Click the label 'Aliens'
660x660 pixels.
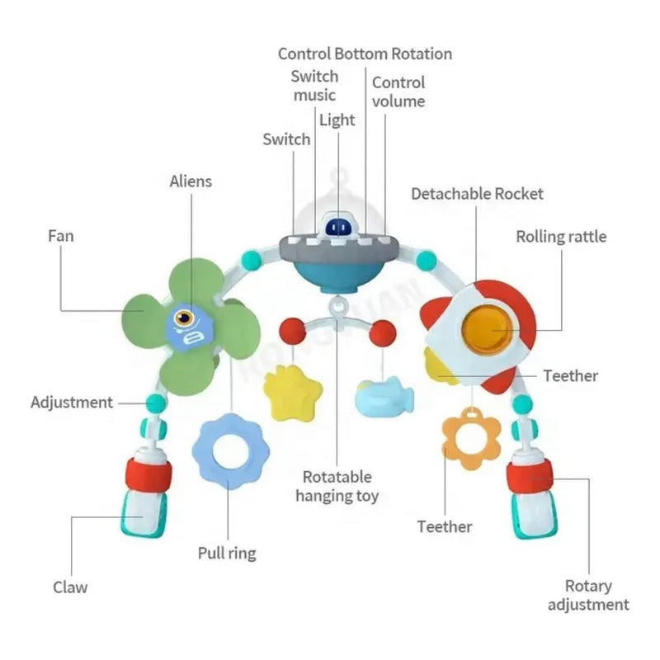pos(191,181)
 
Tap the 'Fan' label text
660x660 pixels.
pos(60,236)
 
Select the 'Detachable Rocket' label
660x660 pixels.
pos(478,194)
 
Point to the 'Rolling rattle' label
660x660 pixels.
pos(561,237)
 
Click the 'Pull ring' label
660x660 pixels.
pos(227,553)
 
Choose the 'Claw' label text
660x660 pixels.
pos(70,587)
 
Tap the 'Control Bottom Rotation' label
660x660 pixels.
pos(365,54)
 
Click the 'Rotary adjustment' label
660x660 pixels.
pos(588,596)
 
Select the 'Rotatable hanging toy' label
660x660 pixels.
pos(337,487)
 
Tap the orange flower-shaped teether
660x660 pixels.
pos(471,441)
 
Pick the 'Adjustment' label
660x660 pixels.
pos(72,403)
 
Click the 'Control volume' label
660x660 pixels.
pos(398,92)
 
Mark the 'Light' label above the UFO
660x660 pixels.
pos(337,120)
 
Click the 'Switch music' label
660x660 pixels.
pos(314,85)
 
